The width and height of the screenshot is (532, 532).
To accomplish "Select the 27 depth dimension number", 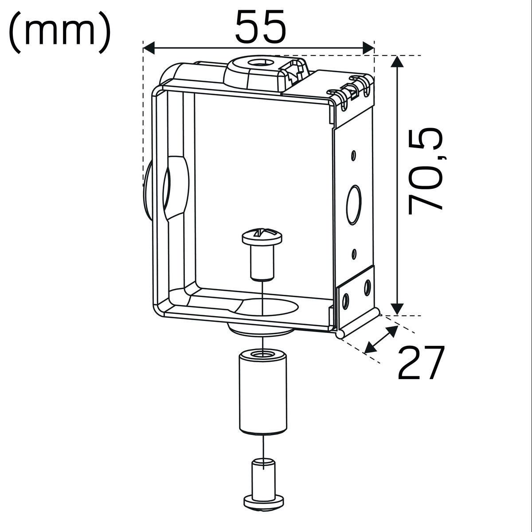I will click(x=421, y=364).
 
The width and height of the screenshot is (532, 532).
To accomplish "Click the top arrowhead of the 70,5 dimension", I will click(x=398, y=61).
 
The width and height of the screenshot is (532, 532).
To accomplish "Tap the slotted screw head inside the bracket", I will click(x=262, y=237).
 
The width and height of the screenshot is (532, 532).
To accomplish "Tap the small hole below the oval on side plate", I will click(x=354, y=254).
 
